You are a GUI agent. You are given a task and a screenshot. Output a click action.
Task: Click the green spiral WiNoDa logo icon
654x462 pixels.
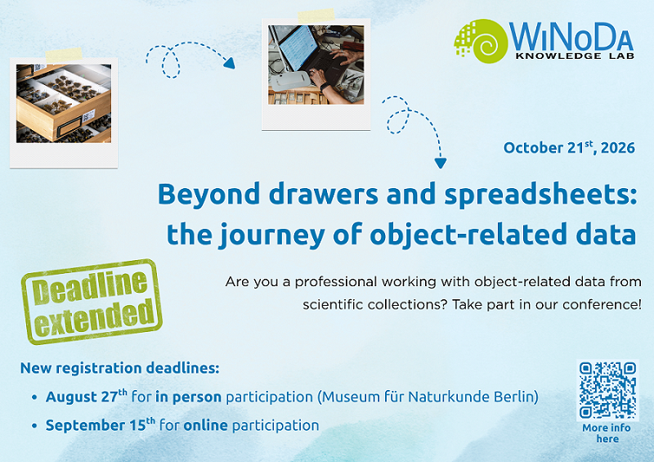(x=482, y=41)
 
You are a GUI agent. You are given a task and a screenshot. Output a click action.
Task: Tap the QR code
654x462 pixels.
(x=607, y=390)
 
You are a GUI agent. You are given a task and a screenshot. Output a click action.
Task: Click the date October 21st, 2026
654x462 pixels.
(x=569, y=147)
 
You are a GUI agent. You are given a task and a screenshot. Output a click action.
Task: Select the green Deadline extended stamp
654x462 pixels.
(x=92, y=302)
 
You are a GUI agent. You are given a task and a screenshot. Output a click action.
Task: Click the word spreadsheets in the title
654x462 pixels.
(x=540, y=195)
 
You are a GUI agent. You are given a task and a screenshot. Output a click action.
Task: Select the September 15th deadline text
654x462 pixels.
(x=101, y=425)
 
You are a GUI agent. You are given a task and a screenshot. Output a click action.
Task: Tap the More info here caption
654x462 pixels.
(x=607, y=433)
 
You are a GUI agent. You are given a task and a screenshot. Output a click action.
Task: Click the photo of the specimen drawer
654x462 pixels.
(x=64, y=104)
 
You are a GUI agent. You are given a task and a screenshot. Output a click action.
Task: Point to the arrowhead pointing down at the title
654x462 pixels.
(x=441, y=163)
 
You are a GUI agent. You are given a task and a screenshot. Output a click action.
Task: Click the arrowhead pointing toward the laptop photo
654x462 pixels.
(x=229, y=63)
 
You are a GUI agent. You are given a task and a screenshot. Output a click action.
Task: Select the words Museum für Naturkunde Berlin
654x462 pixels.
(x=428, y=396)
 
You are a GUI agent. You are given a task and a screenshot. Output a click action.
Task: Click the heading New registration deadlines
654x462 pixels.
(x=119, y=368)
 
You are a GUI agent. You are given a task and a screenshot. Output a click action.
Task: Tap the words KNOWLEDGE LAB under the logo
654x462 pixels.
(x=575, y=56)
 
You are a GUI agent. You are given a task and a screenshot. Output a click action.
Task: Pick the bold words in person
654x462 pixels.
(x=188, y=397)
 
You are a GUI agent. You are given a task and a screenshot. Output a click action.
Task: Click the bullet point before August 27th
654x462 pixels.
(x=34, y=397)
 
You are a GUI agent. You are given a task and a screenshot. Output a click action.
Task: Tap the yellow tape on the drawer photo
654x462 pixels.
(x=64, y=55)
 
